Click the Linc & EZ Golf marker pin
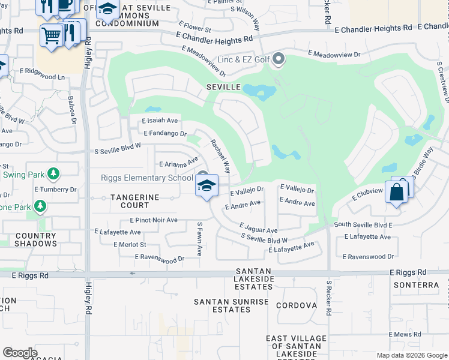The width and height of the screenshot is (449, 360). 278,59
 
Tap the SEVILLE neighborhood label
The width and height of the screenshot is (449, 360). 224,87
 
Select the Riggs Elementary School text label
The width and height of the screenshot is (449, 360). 147,178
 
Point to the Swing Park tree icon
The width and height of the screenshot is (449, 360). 54,174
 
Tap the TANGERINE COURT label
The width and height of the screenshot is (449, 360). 134,201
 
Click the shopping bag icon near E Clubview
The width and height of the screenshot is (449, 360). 396,193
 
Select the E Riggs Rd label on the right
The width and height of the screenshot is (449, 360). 408,272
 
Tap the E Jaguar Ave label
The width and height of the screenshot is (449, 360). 258,229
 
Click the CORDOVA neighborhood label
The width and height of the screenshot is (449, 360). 297,305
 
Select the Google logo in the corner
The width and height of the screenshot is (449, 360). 20,353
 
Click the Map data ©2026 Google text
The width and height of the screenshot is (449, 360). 411,355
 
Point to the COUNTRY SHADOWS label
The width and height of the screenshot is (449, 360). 35,240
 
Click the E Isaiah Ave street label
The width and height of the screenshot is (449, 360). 160,121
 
